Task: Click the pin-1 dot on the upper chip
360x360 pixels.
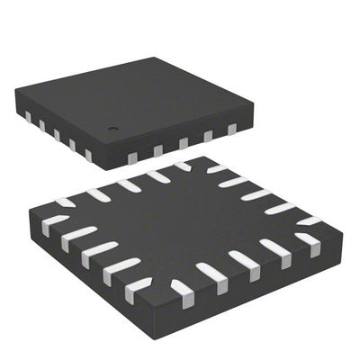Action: pyautogui.click(x=114, y=128)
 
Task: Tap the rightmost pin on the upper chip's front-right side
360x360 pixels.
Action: pyautogui.click(x=231, y=129)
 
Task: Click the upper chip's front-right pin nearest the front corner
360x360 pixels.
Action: pyautogui.click(x=132, y=158)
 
